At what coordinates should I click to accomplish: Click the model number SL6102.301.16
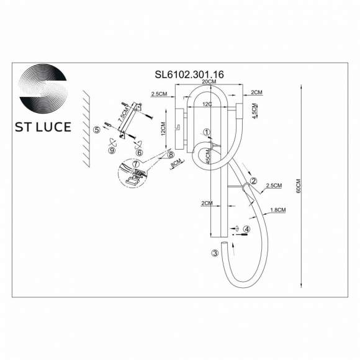[x=189, y=73]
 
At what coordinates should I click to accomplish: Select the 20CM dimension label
[x=208, y=82]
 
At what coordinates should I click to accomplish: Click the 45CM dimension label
[x=209, y=156]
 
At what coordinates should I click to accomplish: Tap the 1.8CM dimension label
[x=277, y=210]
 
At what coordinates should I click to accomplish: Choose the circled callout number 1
[x=208, y=132]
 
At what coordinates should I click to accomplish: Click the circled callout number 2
[x=253, y=181]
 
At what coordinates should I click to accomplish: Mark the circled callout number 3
[x=215, y=253]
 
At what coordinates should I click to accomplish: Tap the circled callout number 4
[x=246, y=229]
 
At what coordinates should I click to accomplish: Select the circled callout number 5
[x=96, y=130]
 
